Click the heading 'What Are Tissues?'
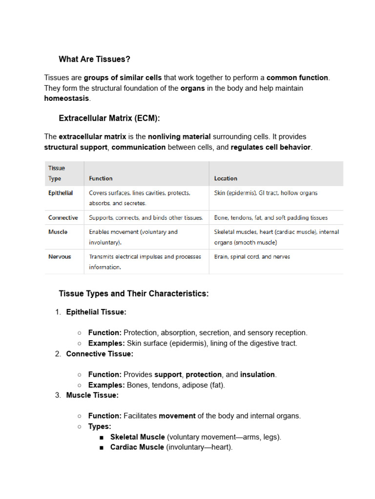click(x=95, y=59)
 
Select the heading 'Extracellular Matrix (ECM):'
click(x=109, y=118)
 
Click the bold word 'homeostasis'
click(x=67, y=98)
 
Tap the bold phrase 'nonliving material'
click(x=179, y=137)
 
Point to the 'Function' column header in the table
click(x=101, y=178)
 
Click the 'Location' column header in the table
click(x=226, y=178)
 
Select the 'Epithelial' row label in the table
click(x=61, y=193)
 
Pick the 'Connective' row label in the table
click(x=63, y=218)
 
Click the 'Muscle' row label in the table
click(x=58, y=232)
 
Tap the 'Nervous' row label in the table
click(x=60, y=256)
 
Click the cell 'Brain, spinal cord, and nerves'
click(x=252, y=256)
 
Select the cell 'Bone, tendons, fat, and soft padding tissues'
click(x=271, y=218)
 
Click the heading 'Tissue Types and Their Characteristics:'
click(x=134, y=294)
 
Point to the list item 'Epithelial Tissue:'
click(x=96, y=312)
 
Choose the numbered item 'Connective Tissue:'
click(x=100, y=354)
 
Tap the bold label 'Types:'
click(x=100, y=426)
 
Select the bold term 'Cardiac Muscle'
click(x=137, y=447)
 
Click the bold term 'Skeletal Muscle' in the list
click(x=138, y=437)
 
